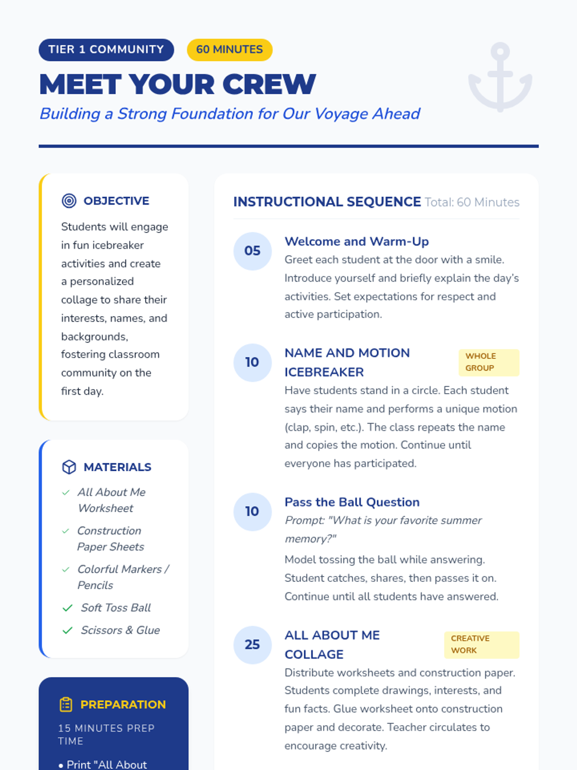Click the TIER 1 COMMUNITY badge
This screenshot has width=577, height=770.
106,50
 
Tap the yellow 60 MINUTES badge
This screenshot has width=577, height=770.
229,50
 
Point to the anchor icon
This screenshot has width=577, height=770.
500,77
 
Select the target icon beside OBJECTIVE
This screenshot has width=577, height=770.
69,201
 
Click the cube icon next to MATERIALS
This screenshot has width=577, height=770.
69,467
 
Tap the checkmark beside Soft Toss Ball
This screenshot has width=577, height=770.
68,608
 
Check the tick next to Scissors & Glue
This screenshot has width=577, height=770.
68,630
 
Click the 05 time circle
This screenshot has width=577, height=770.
252,251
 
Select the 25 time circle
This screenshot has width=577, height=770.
252,644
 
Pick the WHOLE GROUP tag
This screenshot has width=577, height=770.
489,362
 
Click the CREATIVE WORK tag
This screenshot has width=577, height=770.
481,644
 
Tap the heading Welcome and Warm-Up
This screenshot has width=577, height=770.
356,241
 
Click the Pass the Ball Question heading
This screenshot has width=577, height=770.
352,502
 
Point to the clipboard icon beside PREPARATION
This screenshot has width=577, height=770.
66,705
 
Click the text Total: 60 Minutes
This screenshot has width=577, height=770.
472,202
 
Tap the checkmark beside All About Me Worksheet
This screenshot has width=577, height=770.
66,492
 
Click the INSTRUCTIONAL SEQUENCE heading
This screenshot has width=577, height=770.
327,202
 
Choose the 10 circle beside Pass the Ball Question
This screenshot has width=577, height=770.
252,512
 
